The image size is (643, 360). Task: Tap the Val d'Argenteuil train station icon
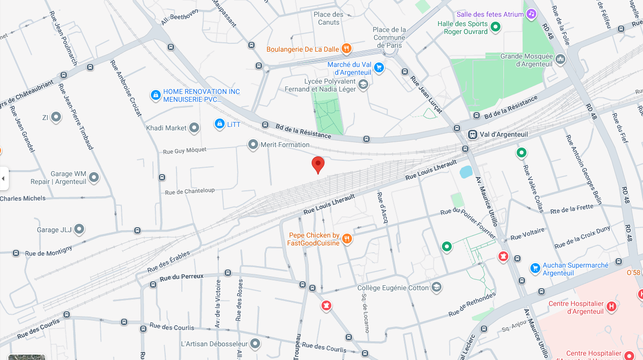[x=472, y=134]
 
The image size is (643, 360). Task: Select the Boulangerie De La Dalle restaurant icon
[x=347, y=48]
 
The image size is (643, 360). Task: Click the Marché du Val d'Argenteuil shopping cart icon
[x=379, y=67]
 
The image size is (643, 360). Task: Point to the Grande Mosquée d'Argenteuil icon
[x=560, y=60]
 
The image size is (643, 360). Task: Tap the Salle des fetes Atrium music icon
[x=531, y=14]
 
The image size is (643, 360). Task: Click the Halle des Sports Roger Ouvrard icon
[x=496, y=27]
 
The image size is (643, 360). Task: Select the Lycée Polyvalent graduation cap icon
[x=363, y=85]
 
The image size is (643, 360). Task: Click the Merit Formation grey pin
[x=253, y=145]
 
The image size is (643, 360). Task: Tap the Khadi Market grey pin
[x=194, y=128]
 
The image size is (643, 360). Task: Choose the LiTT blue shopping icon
[x=220, y=124]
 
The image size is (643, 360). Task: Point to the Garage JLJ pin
[x=79, y=229]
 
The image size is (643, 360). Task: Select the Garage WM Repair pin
[x=93, y=178]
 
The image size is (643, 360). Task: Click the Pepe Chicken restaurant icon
[x=347, y=239]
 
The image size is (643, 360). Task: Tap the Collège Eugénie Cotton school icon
[x=436, y=287]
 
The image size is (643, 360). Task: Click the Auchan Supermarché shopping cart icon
[x=535, y=268]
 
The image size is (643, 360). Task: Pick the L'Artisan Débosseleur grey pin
[x=255, y=343]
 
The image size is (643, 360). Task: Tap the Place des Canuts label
[x=328, y=18]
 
